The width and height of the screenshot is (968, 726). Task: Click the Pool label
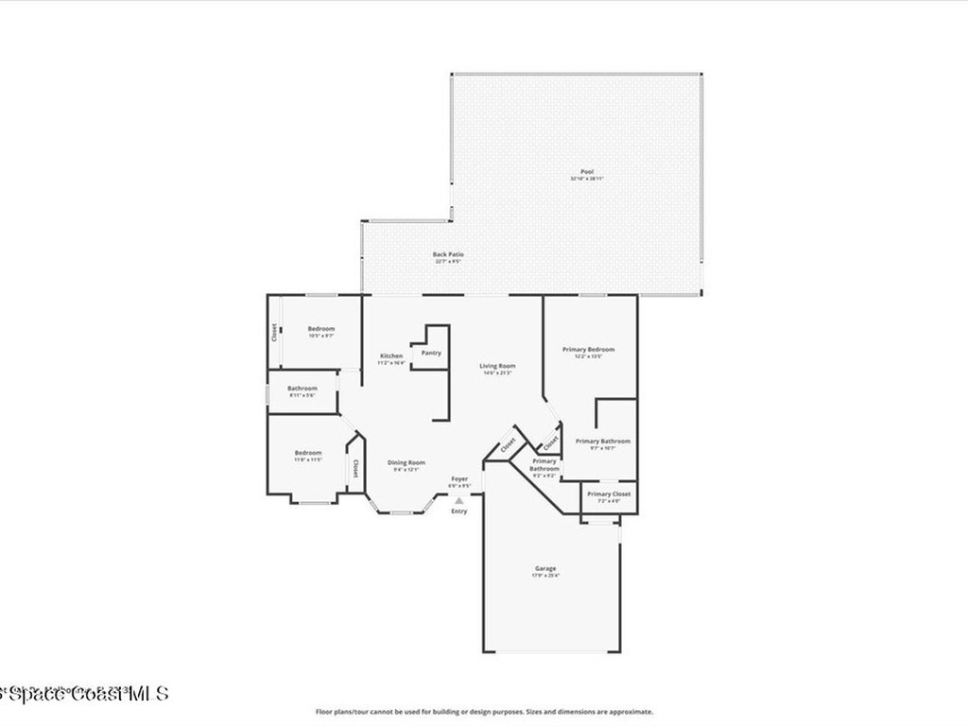click(586, 171)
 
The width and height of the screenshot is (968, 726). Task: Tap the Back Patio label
click(448, 254)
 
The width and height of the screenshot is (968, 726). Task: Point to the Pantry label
click(431, 353)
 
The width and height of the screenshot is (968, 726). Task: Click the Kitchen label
click(391, 355)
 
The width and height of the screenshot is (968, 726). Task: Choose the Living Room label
click(496, 366)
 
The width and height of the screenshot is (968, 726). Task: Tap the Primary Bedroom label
click(588, 350)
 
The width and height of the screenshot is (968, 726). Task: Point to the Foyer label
click(459, 479)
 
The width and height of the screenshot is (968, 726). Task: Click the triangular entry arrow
click(458, 501)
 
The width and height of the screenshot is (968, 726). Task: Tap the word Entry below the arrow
click(458, 511)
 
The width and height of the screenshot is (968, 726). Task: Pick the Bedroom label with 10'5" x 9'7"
click(321, 329)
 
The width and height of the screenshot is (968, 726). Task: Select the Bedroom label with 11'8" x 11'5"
click(308, 453)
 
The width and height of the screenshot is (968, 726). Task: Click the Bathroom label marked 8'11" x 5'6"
click(302, 388)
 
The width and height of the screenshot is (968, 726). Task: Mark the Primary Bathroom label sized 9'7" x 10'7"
click(603, 441)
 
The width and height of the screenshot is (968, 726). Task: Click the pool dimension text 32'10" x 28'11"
click(586, 179)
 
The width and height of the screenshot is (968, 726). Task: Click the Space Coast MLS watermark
click(85, 693)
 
